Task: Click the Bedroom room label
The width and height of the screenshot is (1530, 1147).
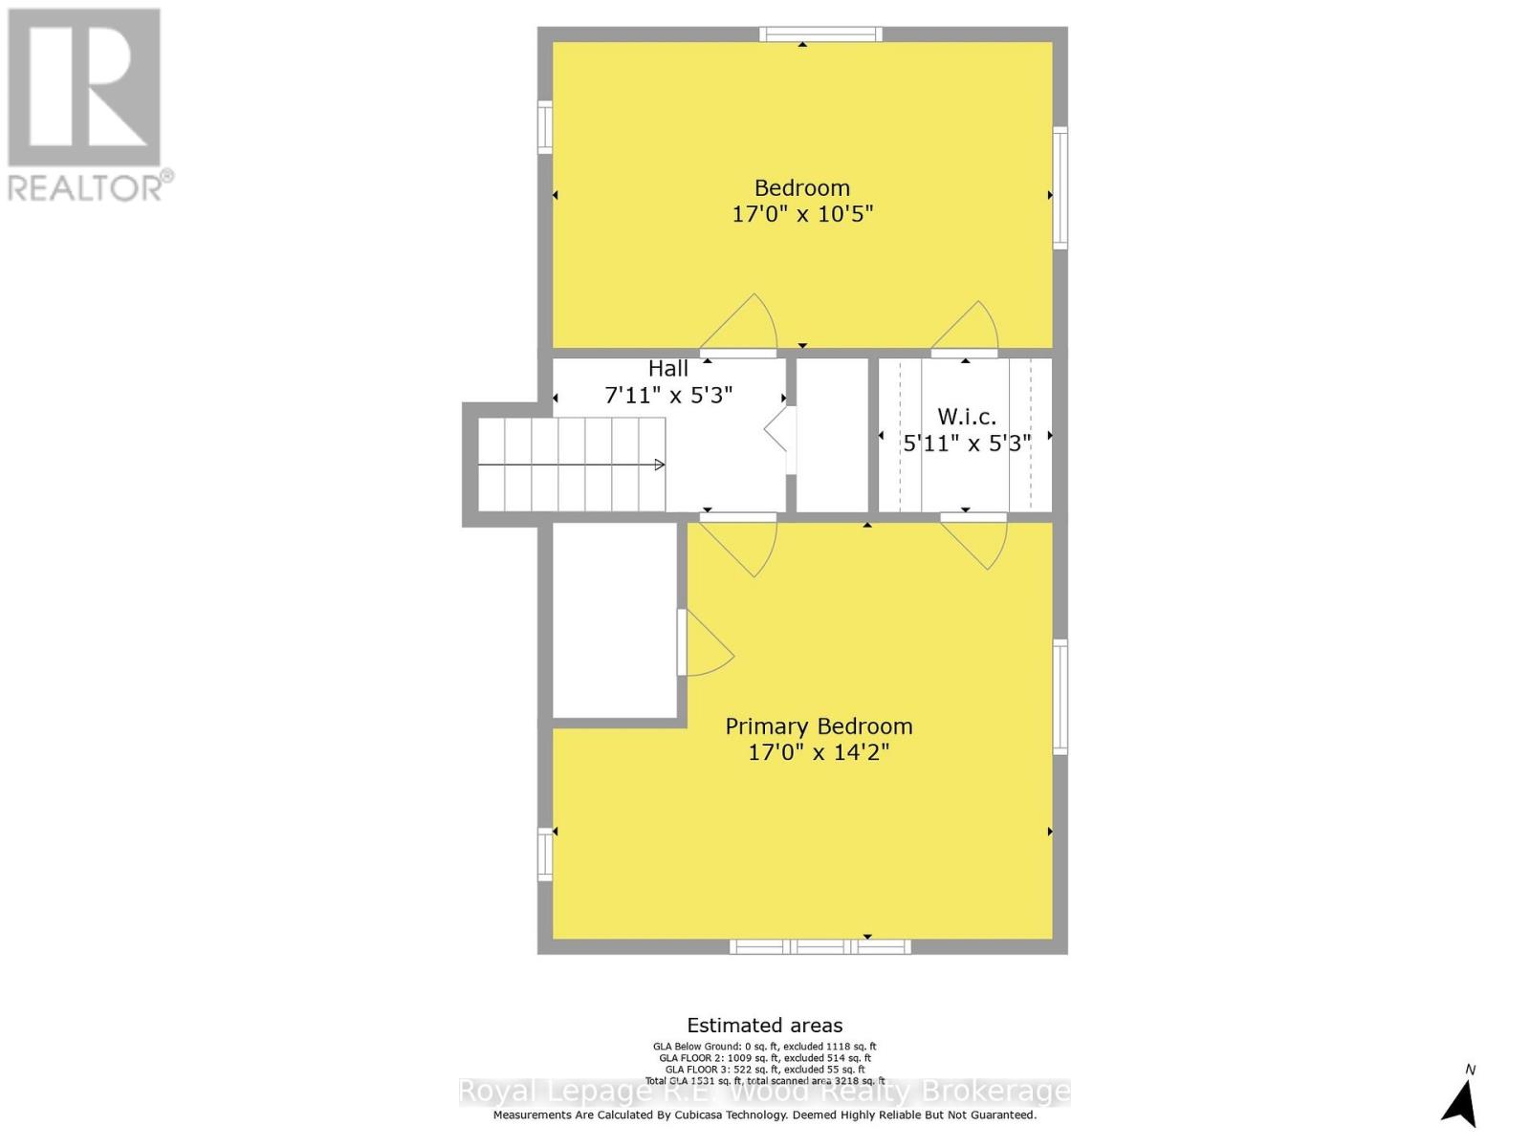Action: click(x=801, y=188)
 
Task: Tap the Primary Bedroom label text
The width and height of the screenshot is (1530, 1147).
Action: click(x=819, y=726)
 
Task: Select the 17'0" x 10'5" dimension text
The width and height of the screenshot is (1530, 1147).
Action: click(x=801, y=214)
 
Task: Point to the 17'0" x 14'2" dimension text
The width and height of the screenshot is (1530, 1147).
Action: click(x=819, y=752)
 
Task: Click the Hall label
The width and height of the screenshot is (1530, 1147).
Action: click(x=667, y=369)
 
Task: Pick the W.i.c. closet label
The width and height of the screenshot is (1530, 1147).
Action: click(x=966, y=417)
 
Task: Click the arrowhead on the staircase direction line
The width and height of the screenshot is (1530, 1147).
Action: click(x=659, y=465)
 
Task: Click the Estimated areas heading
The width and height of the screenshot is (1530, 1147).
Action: click(x=764, y=1026)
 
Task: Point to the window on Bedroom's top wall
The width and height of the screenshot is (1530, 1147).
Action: click(x=820, y=34)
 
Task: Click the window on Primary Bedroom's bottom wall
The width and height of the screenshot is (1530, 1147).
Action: click(x=820, y=947)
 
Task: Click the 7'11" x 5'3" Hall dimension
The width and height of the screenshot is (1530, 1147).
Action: click(x=668, y=395)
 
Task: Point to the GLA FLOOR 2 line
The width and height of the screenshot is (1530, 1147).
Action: click(x=764, y=1058)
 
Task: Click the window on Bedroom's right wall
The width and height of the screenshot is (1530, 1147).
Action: click(x=1060, y=187)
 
